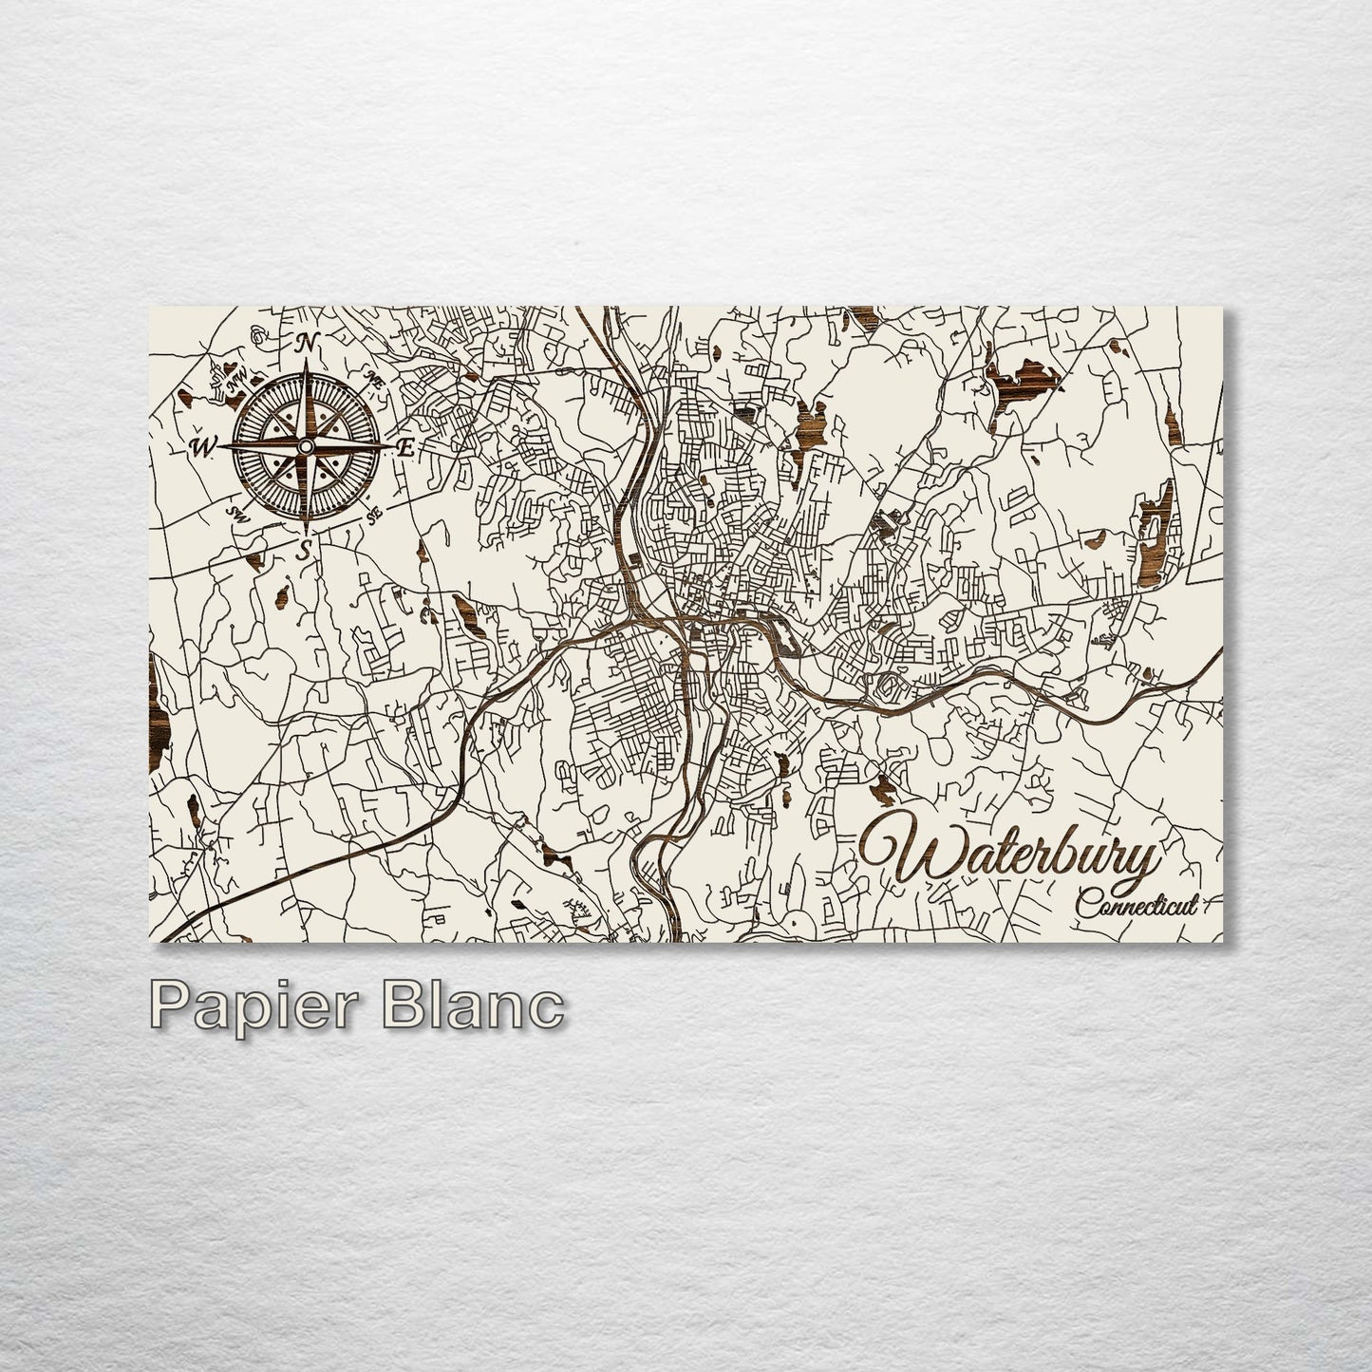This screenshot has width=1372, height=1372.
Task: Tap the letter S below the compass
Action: (x=304, y=549)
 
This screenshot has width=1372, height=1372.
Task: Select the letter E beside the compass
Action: (x=405, y=449)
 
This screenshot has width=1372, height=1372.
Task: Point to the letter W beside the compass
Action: (x=202, y=446)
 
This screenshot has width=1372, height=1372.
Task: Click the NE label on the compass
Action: (x=373, y=381)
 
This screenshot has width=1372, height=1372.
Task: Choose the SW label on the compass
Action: (x=236, y=513)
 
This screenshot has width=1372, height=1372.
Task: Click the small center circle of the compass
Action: (x=305, y=446)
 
